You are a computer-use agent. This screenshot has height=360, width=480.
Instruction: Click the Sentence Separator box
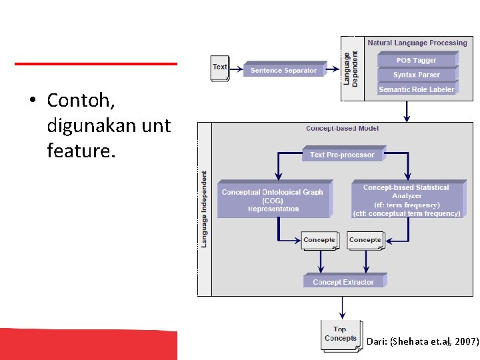(x=284, y=70)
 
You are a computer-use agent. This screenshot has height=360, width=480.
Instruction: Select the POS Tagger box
(x=416, y=60)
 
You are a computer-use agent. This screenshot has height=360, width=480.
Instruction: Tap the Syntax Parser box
(x=416, y=75)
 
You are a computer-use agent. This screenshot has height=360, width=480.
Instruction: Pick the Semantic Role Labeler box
(x=416, y=89)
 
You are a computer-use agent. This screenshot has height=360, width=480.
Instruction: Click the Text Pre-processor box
(x=342, y=155)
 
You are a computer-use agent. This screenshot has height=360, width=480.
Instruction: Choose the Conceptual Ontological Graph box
(x=273, y=200)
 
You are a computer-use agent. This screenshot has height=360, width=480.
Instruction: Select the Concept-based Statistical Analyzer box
(x=406, y=200)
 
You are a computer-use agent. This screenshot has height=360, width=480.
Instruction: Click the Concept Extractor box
(x=343, y=282)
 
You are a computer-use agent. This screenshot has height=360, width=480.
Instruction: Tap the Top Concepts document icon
(x=341, y=334)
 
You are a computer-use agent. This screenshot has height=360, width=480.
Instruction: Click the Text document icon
(x=220, y=68)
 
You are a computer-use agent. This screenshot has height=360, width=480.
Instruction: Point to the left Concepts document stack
(x=319, y=241)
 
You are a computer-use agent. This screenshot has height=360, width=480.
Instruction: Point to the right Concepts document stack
(x=365, y=241)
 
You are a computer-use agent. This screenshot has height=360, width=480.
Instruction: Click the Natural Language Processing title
(x=417, y=43)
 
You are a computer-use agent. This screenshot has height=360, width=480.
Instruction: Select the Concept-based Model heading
(x=342, y=128)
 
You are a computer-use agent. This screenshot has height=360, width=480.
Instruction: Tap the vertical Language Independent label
(x=204, y=209)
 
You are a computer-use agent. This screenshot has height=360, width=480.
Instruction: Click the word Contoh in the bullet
(x=81, y=101)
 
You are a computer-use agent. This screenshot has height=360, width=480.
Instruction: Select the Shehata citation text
(x=422, y=341)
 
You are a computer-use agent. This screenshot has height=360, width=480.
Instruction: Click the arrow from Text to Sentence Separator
(x=236, y=70)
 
